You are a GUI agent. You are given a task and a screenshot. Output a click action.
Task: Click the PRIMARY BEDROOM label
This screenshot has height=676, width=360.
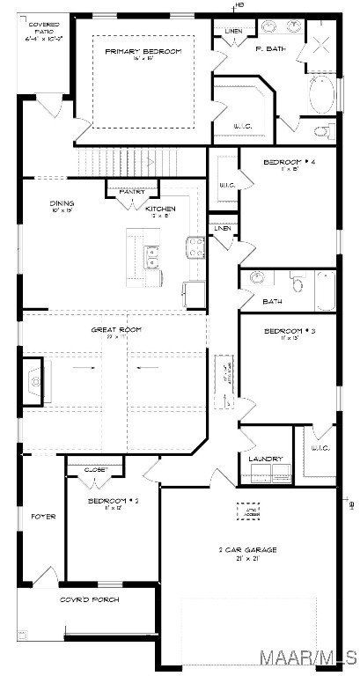click(x=143, y=52)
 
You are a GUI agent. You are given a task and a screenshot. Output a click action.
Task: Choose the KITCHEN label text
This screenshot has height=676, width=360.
click(x=160, y=208)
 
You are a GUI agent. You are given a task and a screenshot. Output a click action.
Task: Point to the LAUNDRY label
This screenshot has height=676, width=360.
click(x=265, y=459)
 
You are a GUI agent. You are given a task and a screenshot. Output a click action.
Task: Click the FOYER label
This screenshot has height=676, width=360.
click(x=43, y=516)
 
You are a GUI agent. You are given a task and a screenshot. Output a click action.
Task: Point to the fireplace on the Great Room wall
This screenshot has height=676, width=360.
click(x=34, y=380)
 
